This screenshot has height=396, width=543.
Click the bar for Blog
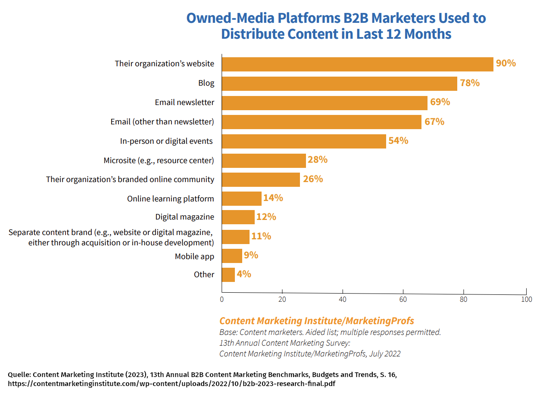coord(339,84)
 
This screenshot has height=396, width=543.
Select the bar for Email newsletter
coord(325,103)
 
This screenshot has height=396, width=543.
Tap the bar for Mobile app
coord(232,256)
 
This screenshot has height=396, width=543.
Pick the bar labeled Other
coord(228,275)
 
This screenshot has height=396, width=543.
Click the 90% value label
coord(506,63)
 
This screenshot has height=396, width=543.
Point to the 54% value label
coord(398,141)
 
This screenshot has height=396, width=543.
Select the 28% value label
coord(318,160)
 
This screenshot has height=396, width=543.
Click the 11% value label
coord(261,236)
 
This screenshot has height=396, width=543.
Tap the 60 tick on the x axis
coord(403,299)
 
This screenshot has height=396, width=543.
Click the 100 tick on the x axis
coord(527,299)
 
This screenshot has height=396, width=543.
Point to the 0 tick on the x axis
coord(222,299)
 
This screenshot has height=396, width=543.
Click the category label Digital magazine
coord(184,217)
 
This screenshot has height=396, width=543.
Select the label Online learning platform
coord(170,198)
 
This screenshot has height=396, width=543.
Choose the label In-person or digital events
coord(166,141)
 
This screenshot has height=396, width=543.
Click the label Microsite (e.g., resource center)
coord(159,161)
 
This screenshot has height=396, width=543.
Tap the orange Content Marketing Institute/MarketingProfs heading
coord(316,321)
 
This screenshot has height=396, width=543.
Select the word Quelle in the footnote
coord(18,374)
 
